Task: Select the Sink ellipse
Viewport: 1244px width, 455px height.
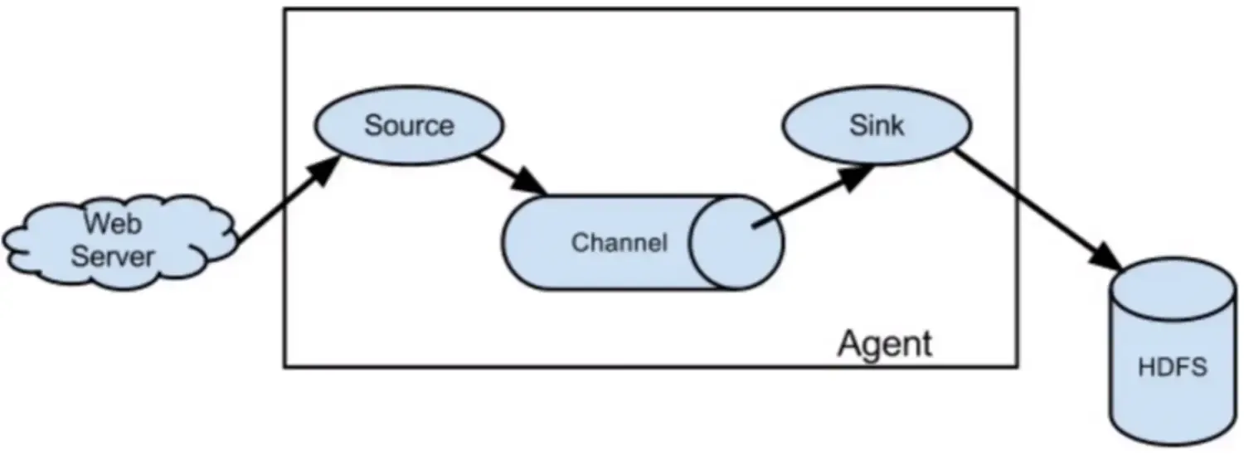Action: point(877,127)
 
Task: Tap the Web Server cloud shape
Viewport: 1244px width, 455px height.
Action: point(116,240)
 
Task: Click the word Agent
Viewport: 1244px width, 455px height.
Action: point(885,343)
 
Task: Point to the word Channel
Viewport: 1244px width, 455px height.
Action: point(619,244)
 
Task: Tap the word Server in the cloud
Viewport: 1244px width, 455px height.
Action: point(112,255)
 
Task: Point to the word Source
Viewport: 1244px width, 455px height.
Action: point(409,126)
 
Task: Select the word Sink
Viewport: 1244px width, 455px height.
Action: point(877,126)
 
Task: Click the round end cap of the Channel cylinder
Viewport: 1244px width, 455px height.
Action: point(736,243)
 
